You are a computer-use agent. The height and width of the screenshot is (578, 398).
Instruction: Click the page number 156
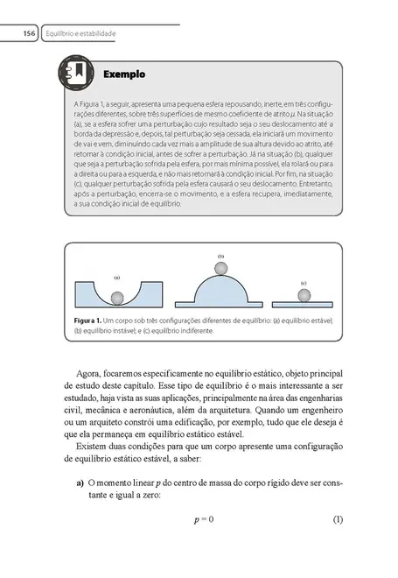point(29,33)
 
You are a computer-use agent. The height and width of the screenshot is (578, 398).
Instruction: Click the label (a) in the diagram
point(115,278)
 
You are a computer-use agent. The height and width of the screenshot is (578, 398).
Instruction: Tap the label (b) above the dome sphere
point(220,255)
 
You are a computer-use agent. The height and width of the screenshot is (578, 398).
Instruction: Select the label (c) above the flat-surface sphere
point(303,283)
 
